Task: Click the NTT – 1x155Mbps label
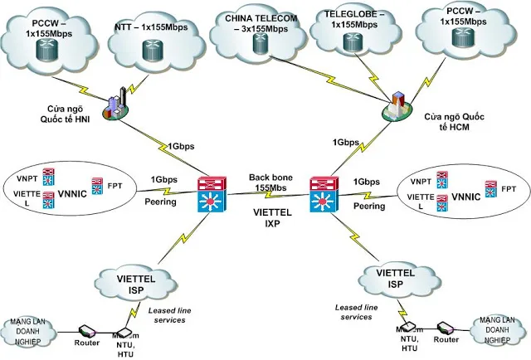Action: click(x=152, y=28)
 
